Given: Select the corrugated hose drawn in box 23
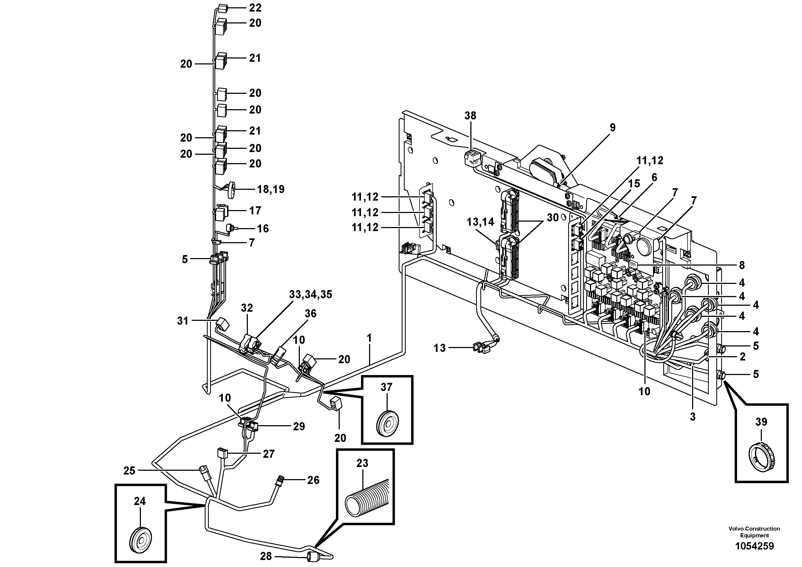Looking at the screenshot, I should pyautogui.click(x=366, y=500).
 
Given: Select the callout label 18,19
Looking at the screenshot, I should pyautogui.click(x=271, y=190).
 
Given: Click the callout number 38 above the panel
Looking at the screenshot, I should pyautogui.click(x=470, y=116).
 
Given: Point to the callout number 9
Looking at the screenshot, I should pyautogui.click(x=612, y=128).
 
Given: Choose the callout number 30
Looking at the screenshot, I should pyautogui.click(x=553, y=218).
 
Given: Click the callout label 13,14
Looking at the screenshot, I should pyautogui.click(x=480, y=222).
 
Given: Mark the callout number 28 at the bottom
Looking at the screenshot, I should pyautogui.click(x=266, y=556).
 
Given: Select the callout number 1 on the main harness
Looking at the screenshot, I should pyautogui.click(x=369, y=338).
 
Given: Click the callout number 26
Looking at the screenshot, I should pyautogui.click(x=313, y=480).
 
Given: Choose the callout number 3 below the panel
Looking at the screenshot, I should pyautogui.click(x=693, y=417).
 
